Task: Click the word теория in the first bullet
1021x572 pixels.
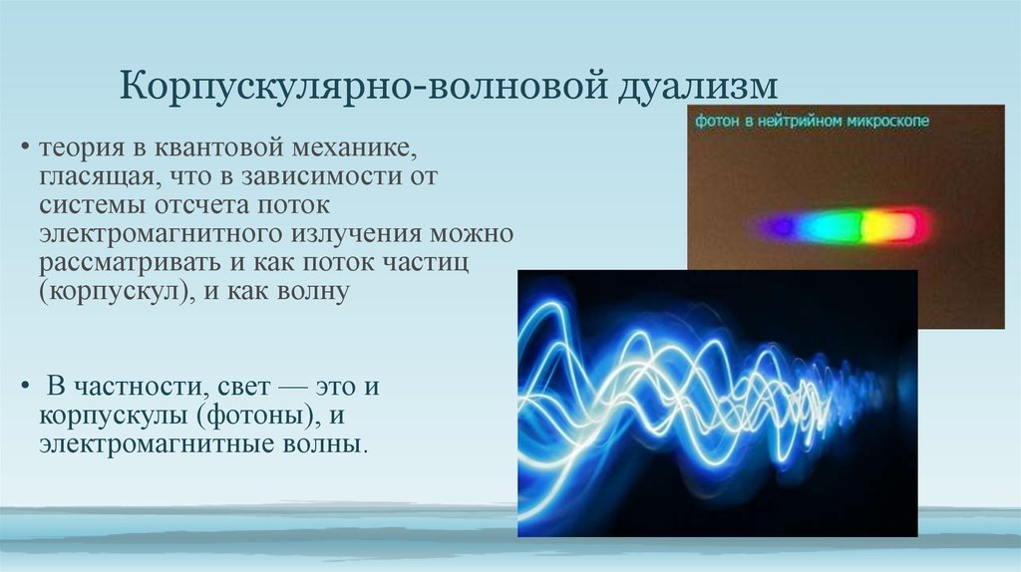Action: click(82, 148)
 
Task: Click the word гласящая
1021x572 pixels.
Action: click(102, 177)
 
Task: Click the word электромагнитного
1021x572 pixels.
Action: click(161, 234)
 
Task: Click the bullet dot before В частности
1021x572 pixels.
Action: click(25, 387)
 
